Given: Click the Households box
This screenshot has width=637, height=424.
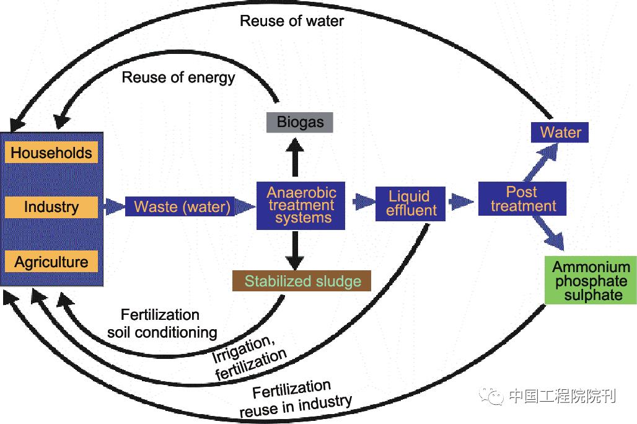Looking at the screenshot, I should click(51, 153).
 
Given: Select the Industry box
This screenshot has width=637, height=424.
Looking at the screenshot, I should click(51, 207).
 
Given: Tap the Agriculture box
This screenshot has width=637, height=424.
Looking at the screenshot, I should click(51, 262).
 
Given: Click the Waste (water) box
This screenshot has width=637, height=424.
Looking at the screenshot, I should click(182, 206).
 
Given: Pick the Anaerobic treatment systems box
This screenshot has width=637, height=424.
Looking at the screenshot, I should click(301, 205).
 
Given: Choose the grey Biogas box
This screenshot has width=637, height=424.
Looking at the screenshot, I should click(300, 121).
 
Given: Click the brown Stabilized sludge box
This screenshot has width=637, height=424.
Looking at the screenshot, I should click(302, 281).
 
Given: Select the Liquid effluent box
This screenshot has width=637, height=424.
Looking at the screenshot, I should click(410, 204).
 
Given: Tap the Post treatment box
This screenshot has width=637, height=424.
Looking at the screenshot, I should click(522, 199).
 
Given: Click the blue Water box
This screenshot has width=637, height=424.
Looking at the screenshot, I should click(560, 132).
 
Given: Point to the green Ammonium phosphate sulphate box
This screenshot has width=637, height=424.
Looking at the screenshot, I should click(591, 281).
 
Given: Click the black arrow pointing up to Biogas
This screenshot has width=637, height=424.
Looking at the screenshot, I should click(296, 157).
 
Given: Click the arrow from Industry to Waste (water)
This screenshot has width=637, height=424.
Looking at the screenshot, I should click(113, 206).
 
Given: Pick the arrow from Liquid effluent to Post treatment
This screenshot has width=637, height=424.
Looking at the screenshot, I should click(461, 201).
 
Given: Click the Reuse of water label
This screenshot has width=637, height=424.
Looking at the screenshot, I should click(291, 20).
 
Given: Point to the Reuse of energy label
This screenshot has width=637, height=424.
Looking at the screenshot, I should click(178, 77).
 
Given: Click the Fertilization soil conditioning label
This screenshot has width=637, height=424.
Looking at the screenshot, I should click(162, 324).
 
